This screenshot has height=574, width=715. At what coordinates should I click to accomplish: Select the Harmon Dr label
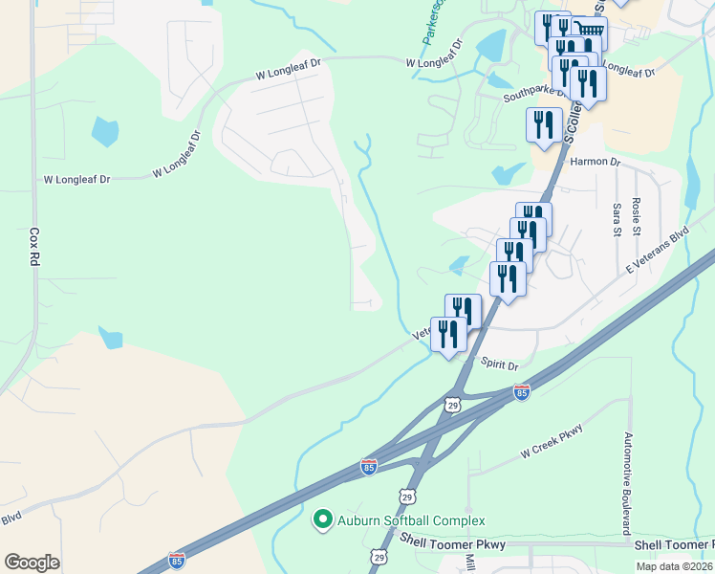595,162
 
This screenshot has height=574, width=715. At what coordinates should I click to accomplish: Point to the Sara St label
617,218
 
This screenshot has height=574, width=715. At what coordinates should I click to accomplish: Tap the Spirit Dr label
499,365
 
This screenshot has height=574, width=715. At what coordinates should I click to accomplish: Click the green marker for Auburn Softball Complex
323,520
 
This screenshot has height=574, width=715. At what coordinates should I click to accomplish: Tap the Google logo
32,562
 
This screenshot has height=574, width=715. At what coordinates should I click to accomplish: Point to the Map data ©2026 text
674,566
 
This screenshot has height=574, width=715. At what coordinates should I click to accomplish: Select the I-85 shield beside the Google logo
176,560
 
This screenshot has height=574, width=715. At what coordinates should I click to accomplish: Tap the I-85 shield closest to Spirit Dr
521,392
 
